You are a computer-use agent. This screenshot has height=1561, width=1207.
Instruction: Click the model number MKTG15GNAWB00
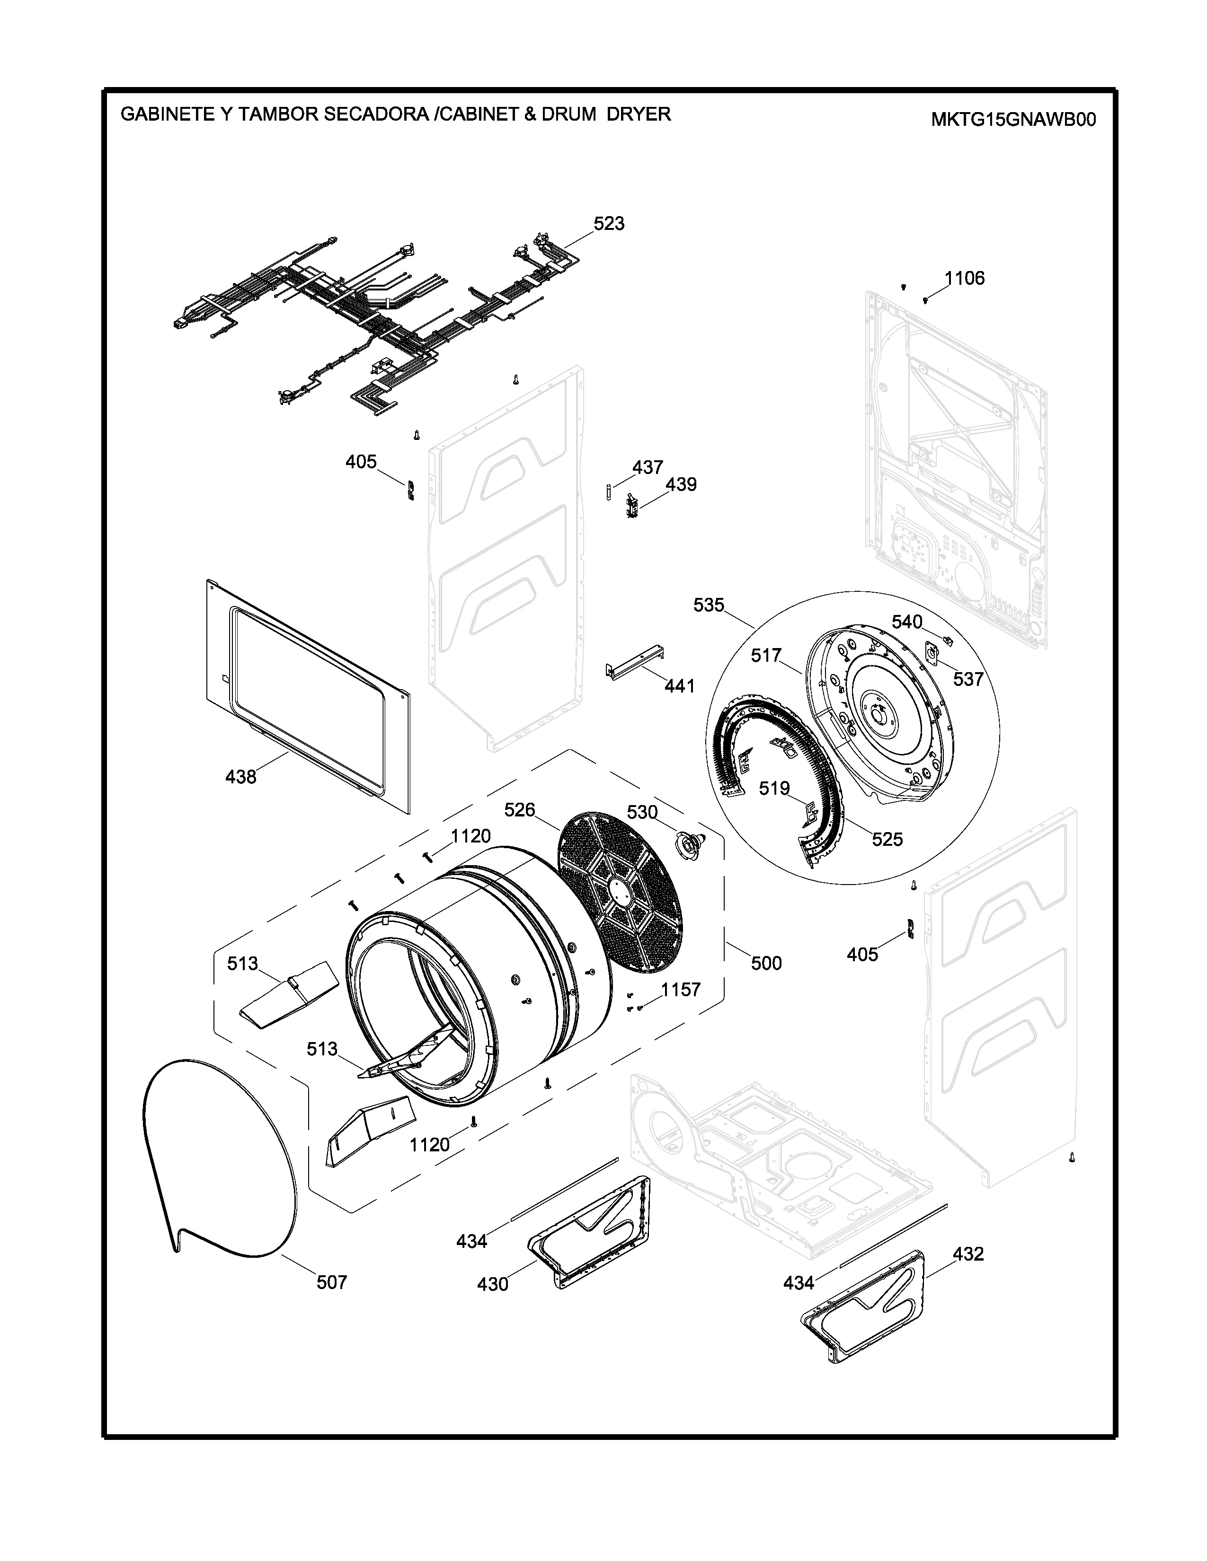click(x=1012, y=119)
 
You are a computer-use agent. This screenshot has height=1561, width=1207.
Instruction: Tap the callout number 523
click(x=609, y=224)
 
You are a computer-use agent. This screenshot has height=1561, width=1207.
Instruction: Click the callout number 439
click(x=681, y=484)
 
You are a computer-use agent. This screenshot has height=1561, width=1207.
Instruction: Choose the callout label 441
click(x=679, y=686)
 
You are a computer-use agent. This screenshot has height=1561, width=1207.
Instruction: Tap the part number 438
click(x=240, y=777)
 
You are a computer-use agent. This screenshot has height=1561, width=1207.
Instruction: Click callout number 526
click(x=519, y=810)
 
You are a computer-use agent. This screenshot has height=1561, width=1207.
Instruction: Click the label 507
click(x=332, y=1282)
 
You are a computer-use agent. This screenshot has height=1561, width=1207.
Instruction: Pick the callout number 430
click(x=493, y=1284)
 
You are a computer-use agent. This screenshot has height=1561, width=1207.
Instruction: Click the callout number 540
click(x=907, y=622)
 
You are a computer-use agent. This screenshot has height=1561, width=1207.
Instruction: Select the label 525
click(x=887, y=839)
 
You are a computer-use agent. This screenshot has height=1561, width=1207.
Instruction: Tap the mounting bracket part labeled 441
click(x=636, y=663)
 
